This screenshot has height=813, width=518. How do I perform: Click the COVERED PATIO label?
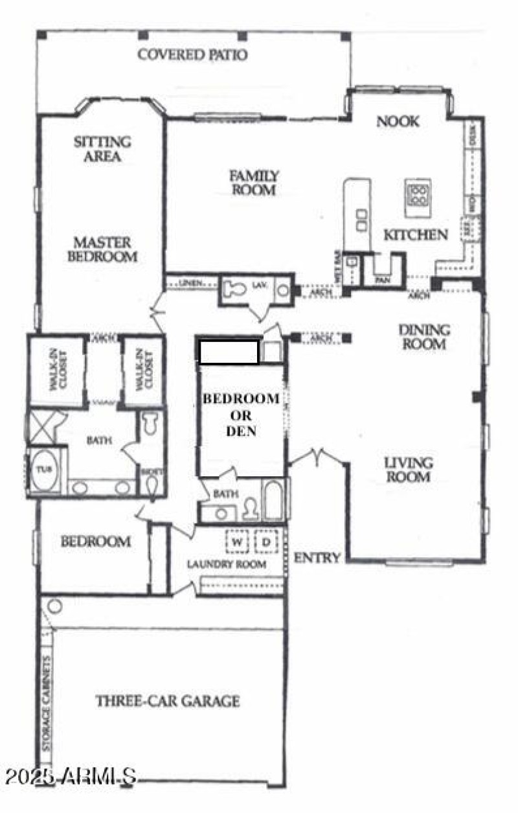[192, 54]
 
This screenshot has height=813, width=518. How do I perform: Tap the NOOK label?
[398, 121]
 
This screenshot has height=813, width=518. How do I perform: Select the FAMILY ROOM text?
[254, 183]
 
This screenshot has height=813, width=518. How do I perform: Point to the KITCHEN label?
[415, 235]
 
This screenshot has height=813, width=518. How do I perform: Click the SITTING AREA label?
[102, 148]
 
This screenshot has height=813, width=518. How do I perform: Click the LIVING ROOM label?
[407, 470]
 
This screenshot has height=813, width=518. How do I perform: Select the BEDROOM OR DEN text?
[242, 414]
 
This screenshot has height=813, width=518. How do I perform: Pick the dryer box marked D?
[266, 541]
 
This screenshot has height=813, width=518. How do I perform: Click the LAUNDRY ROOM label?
[227, 564]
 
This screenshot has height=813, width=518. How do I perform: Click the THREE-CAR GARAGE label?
[168, 700]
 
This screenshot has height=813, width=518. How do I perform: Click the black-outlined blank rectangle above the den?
[229, 352]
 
